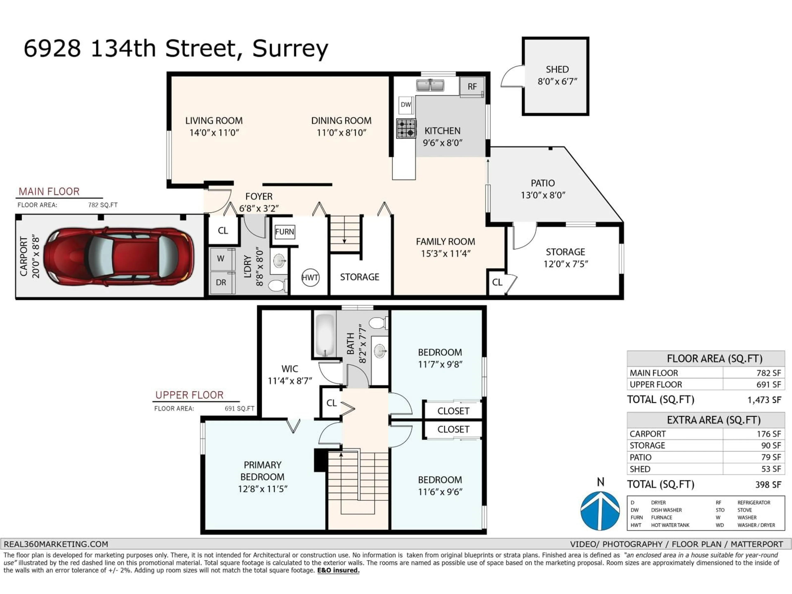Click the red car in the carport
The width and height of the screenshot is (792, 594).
(118, 256)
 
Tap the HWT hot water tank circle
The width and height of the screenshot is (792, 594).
(310, 277)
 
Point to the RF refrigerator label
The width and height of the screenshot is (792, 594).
(472, 87)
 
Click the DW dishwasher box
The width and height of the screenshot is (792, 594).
(406, 105)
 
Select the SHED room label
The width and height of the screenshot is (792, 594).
(557, 70)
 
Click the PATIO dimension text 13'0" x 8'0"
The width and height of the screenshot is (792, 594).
(543, 195)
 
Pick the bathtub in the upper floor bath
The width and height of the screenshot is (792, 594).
(325, 335)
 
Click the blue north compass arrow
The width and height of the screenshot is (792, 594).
(600, 511)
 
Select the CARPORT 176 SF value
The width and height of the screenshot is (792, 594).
(768, 434)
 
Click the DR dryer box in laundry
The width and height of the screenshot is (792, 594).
(221, 283)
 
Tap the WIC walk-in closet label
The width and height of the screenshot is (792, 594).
(290, 369)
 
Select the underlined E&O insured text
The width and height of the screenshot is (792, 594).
(338, 570)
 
